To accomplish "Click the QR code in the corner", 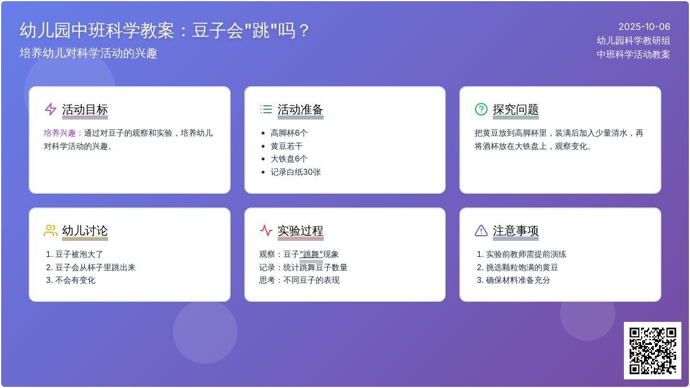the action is coord(653,351).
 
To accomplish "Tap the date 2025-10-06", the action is coord(644,27).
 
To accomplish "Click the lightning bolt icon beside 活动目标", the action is coord(51,109).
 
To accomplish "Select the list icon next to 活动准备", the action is coord(266,109).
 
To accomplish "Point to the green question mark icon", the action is coord(481,109).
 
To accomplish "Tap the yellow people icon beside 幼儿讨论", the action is coord(51,231).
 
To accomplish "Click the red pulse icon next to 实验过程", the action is coord(266,231).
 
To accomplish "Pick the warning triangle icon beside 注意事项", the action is coord(481,231).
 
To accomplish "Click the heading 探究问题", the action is coord(516,109).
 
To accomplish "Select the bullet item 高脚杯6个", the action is coord(289,133).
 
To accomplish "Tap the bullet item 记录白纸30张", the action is coord(296,172).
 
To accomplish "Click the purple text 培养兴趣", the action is coord(59,133).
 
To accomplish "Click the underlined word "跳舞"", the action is coord(311,254).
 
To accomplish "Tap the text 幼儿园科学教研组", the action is coord(633,41).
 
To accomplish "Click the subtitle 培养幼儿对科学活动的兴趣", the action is coord(89,53).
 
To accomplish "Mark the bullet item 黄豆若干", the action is coord(286,146).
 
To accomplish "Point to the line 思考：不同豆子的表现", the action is coord(300,281).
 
